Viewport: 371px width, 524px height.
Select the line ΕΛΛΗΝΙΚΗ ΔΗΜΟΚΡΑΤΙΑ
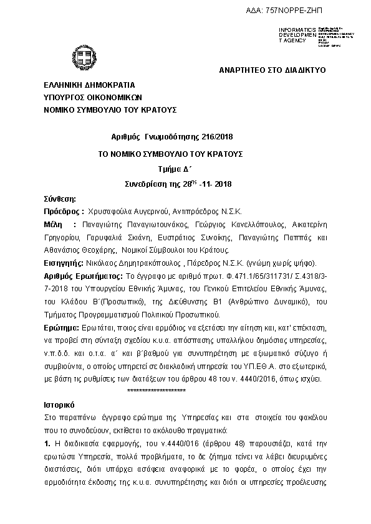click(x=89, y=85)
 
